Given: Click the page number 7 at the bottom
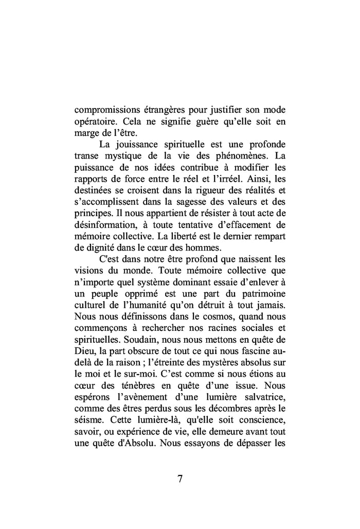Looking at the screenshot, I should [x=180, y=479].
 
